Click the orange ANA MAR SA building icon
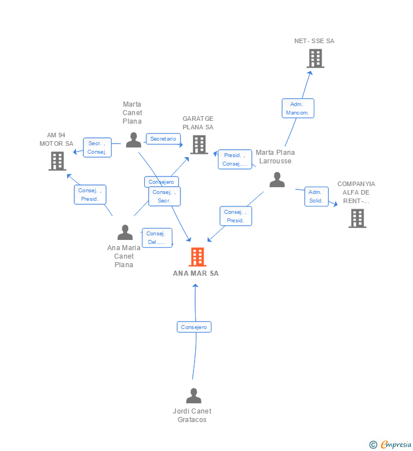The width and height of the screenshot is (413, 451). pos(197,257)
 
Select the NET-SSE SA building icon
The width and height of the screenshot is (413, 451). pos(315,58)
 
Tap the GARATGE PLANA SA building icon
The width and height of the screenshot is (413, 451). pos(199,145)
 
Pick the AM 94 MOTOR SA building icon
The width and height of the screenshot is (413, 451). pos(57,161)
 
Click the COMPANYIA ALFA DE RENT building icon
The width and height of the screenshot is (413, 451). pos(357,218)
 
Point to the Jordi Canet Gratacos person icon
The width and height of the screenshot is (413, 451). pos(193,395)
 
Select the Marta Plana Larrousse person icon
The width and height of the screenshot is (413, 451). pos(277,179)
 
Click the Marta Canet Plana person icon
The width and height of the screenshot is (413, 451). pos(133,140)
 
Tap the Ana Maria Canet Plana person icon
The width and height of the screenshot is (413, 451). pos(125,232)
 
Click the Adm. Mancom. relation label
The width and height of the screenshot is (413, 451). pos(298,108)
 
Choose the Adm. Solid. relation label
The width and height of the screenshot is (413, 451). pos(316,196)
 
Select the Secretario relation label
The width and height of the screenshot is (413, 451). pos(163,139)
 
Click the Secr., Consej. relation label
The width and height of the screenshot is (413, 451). pos(97,147)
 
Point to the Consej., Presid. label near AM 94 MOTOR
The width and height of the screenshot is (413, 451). pos(90,195)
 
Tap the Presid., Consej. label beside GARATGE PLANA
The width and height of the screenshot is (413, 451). pos(235,159)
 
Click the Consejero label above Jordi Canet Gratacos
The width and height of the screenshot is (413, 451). pos(193,327)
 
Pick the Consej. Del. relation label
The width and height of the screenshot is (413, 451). pos(157,238)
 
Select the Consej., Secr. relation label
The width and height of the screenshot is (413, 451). pos(165,196)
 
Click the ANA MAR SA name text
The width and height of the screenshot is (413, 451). pos(196,273)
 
